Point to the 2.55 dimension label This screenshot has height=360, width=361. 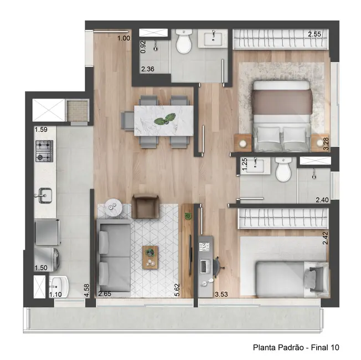(x=314, y=34)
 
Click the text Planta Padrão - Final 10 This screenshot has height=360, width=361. (x=296, y=348)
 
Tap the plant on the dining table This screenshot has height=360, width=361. (x=164, y=119)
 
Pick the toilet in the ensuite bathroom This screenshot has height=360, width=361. (x=283, y=171)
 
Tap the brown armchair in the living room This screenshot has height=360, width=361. (x=146, y=207)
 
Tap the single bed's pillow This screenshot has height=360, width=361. (x=318, y=275)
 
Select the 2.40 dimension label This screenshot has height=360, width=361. (x=321, y=200)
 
